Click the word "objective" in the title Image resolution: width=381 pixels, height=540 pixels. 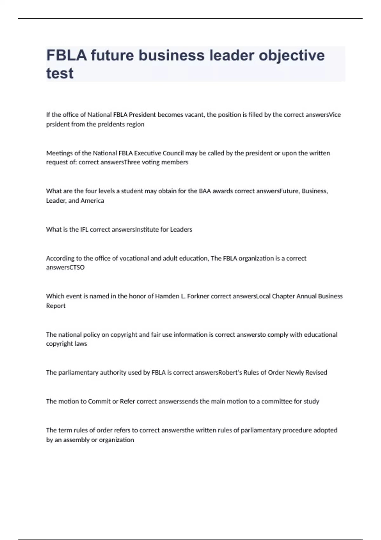pos(291,55)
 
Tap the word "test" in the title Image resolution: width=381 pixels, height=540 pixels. pos(60,73)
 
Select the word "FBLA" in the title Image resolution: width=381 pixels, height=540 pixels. pos(66,55)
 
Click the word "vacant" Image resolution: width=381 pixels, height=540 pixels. pos(195,115)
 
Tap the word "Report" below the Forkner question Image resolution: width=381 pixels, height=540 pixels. pos(56,306)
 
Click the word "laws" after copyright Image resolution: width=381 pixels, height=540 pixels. pos(81,344)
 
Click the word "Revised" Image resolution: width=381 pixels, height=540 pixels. pos(316,373)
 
